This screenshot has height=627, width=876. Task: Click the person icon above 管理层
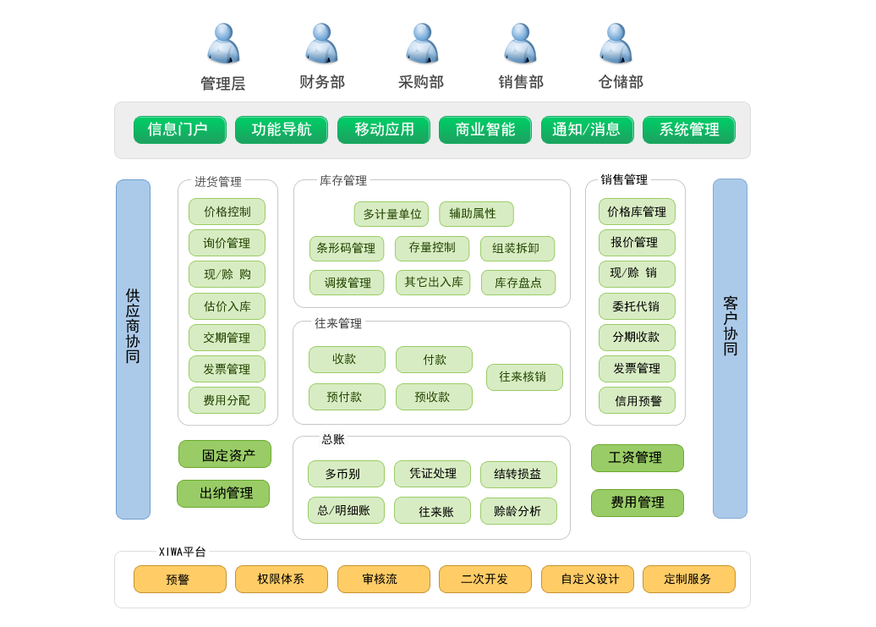click(223, 44)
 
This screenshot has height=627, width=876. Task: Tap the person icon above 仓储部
click(616, 44)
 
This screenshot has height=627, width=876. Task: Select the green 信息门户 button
click(179, 129)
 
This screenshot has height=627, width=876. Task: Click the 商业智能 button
click(485, 129)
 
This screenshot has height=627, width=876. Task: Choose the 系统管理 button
click(688, 129)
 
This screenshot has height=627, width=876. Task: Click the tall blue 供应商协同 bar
click(133, 349)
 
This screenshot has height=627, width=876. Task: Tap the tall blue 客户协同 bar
click(730, 348)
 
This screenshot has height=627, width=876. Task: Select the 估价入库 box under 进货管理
click(227, 306)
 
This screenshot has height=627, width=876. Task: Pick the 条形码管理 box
click(346, 249)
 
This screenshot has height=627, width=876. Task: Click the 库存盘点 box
click(517, 283)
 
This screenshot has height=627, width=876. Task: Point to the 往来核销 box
click(523, 377)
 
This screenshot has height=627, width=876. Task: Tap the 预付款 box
click(346, 397)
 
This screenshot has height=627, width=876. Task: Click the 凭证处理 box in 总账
click(432, 474)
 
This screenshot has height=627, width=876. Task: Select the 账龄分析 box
click(517, 511)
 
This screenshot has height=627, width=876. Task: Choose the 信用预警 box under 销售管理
click(637, 400)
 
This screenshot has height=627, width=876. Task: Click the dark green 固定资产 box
click(224, 454)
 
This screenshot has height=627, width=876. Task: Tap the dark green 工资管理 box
click(637, 458)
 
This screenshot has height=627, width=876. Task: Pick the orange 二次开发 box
click(485, 580)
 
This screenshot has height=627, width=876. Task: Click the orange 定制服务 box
click(688, 580)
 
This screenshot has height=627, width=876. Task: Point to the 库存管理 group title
click(343, 180)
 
